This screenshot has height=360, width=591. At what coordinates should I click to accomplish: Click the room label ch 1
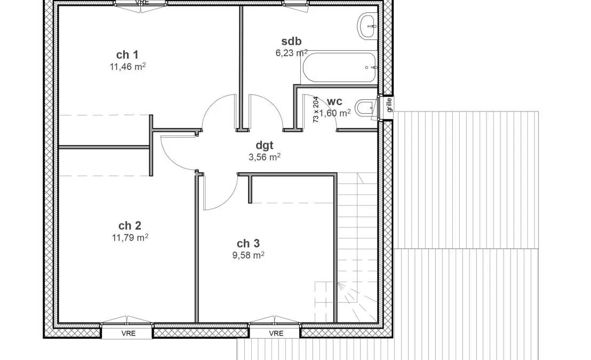click(127, 55)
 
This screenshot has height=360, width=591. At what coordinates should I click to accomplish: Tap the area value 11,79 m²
click(130, 237)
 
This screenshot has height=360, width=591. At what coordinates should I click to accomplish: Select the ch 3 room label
click(248, 244)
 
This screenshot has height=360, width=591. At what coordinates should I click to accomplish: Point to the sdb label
click(291, 41)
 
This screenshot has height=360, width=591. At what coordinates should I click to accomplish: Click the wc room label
click(334, 101)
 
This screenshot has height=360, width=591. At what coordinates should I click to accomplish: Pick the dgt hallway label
click(264, 146)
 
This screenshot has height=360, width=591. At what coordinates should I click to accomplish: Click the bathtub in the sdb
click(339, 67)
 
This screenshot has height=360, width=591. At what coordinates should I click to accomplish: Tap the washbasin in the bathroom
click(368, 26)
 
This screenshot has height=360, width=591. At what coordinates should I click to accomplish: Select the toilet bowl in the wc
click(365, 108)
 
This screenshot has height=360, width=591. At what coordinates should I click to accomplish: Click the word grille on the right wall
click(389, 105)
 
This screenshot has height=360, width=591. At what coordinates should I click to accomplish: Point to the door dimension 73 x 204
click(316, 110)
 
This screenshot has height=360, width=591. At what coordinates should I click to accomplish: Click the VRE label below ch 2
click(129, 334)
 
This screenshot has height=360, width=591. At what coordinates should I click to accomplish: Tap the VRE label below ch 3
click(276, 334)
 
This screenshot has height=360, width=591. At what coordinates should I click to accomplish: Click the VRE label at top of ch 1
click(142, 2)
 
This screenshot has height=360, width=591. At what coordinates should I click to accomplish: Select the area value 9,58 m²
click(248, 255)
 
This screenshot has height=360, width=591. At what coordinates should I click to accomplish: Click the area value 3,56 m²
click(264, 157)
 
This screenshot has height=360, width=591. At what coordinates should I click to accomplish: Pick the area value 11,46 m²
click(127, 67)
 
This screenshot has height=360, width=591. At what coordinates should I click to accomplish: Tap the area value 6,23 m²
click(291, 53)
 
